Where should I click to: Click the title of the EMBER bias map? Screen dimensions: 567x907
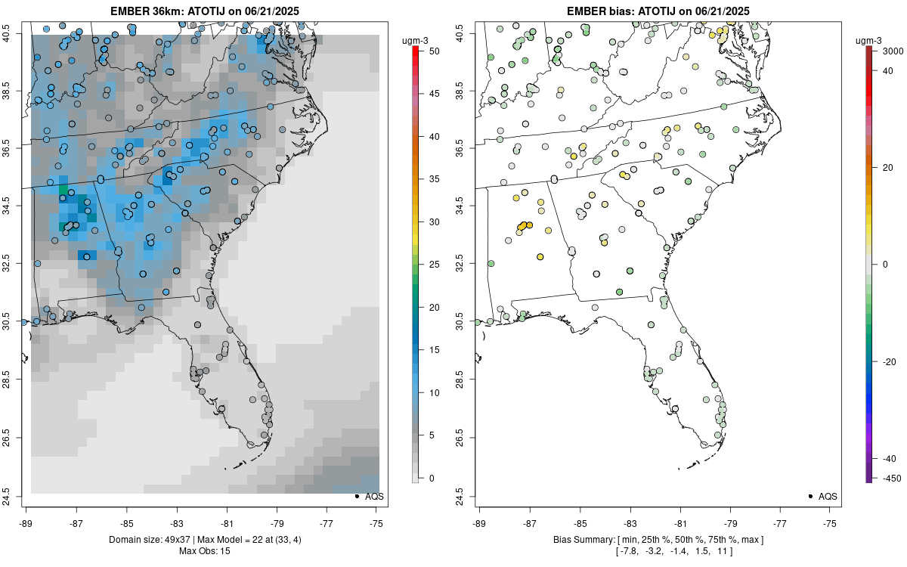658,11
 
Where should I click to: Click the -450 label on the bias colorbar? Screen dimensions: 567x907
885,478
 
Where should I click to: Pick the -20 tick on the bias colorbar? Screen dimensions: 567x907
885,361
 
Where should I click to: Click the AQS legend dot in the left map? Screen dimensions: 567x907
356,497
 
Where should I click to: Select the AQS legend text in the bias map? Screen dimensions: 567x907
828,497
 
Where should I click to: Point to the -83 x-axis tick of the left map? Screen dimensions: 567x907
177,522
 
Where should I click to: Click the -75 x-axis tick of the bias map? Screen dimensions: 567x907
831,522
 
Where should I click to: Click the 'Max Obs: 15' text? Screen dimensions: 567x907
205,551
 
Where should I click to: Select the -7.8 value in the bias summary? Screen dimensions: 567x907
629,551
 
